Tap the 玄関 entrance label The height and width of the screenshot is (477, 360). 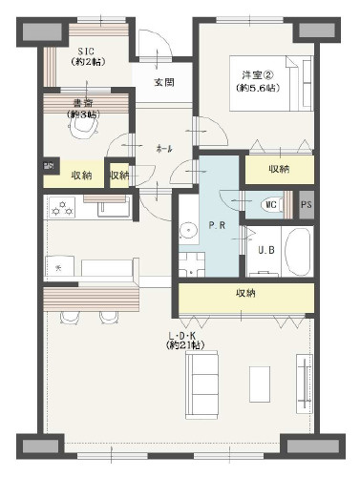tap(164, 82)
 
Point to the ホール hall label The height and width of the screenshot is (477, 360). tap(163, 149)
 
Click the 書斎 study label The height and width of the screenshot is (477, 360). tap(79, 109)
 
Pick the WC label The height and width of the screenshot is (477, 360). tap(270, 203)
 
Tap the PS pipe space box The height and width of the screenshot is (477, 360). tap(306, 204)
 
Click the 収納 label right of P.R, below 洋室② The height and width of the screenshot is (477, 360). tap(278, 169)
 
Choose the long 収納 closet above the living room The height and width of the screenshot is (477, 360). tap(245, 293)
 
